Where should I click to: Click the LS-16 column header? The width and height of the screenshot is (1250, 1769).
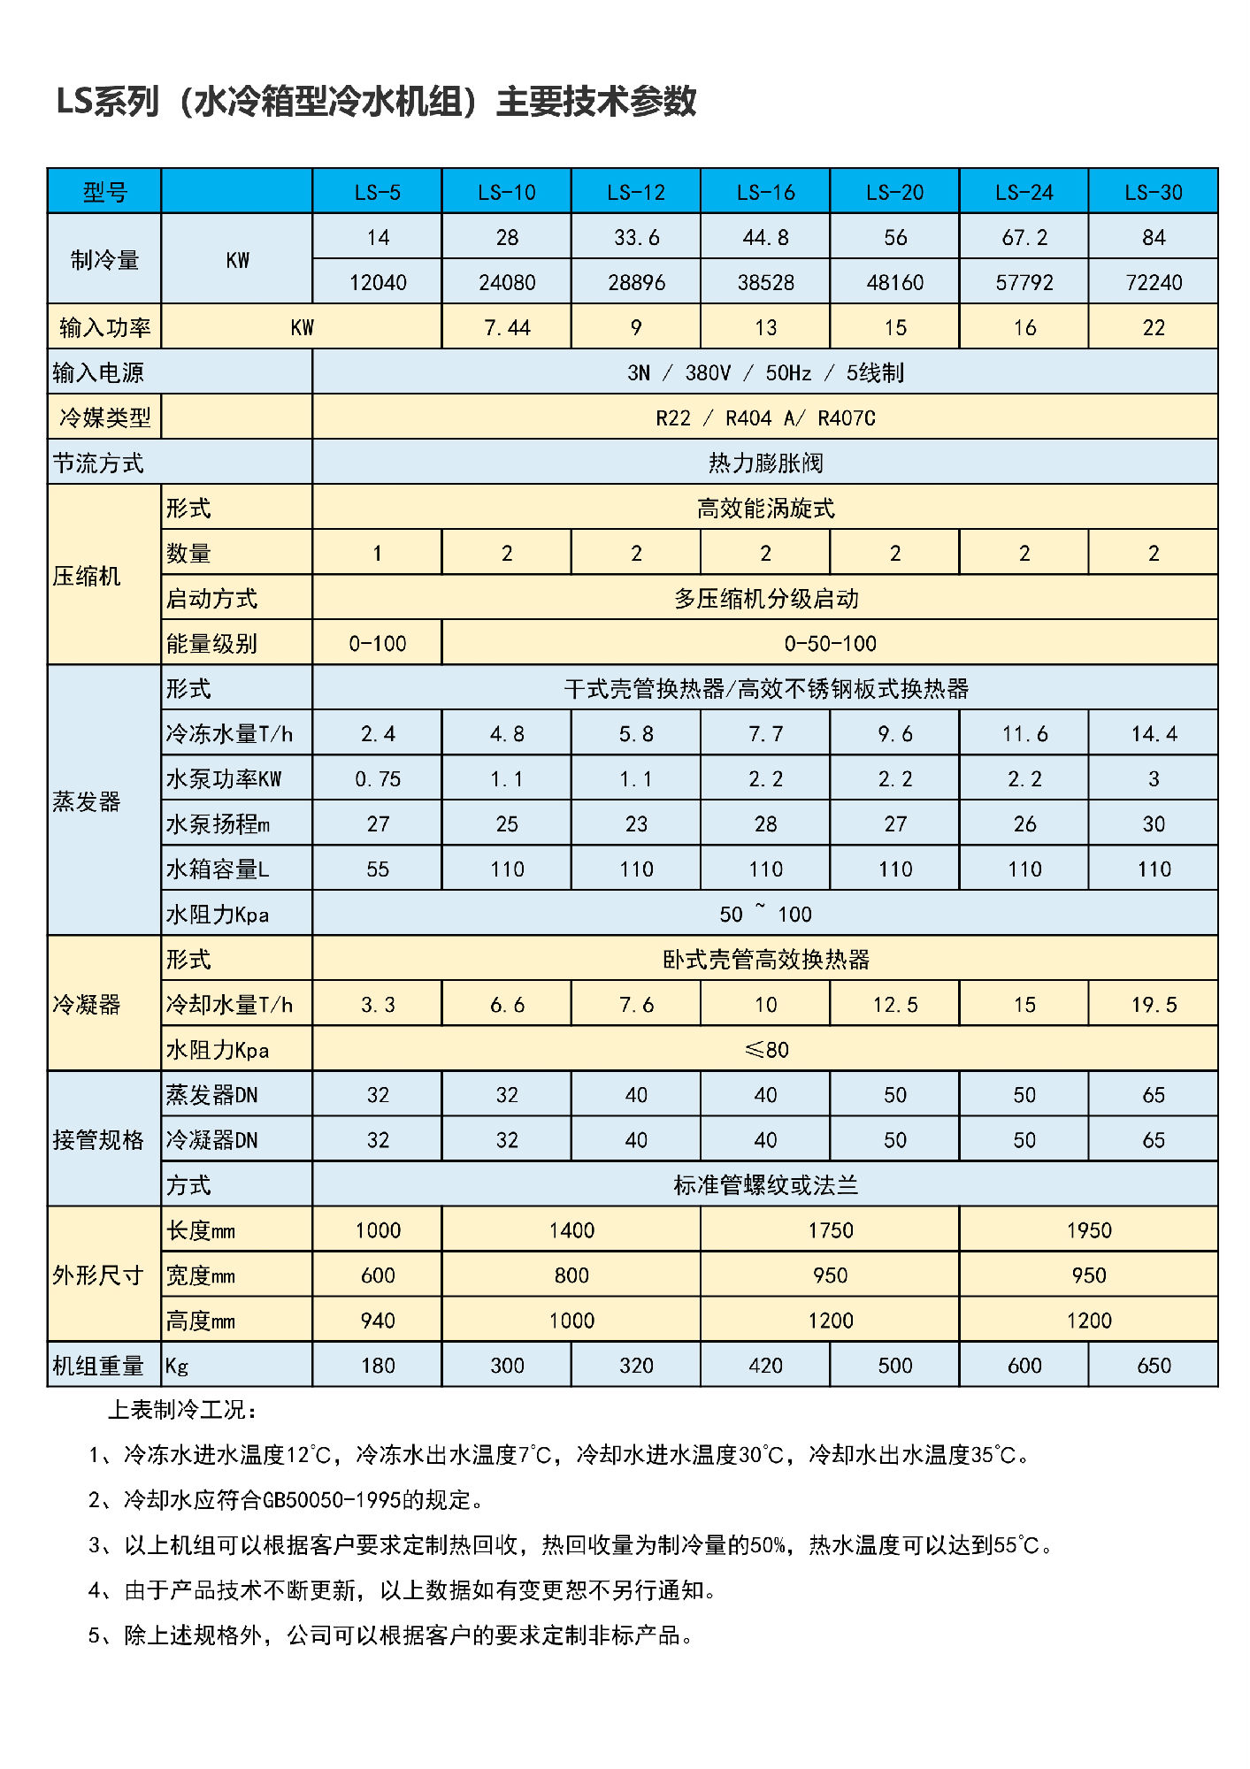pyautogui.click(x=765, y=192)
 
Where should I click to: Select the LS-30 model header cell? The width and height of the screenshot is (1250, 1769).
pyautogui.click(x=1153, y=192)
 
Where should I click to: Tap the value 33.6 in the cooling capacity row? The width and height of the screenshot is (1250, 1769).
pyautogui.click(x=636, y=237)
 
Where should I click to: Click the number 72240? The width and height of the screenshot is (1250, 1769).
pyautogui.click(x=1153, y=282)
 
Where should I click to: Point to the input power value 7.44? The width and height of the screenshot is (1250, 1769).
pyautogui.click(x=507, y=327)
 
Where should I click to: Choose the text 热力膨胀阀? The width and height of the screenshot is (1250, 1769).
pyautogui.click(x=765, y=463)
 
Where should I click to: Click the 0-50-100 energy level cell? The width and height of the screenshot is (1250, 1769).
pyautogui.click(x=830, y=643)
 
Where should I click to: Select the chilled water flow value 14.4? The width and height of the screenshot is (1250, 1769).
pyautogui.click(x=1153, y=733)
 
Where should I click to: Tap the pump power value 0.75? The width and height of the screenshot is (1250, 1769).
pyautogui.click(x=378, y=778)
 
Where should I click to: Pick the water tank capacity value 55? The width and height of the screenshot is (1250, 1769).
pyautogui.click(x=378, y=869)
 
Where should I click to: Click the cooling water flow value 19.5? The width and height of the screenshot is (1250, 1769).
pyautogui.click(x=1153, y=1004)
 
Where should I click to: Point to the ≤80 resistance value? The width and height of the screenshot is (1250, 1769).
pyautogui.click(x=766, y=1049)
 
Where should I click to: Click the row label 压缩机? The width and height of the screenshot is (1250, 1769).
pyautogui.click(x=87, y=576)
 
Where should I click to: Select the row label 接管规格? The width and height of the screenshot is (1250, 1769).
pyautogui.click(x=98, y=1139)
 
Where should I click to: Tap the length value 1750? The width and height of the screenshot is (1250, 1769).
pyautogui.click(x=830, y=1229)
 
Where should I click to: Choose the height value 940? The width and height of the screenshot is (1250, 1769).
pyautogui.click(x=378, y=1320)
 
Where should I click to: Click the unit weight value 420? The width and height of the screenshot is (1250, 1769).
pyautogui.click(x=765, y=1365)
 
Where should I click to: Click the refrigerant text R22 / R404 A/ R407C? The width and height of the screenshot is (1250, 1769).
pyautogui.click(x=765, y=417)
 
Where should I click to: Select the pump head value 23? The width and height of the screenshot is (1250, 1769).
pyautogui.click(x=636, y=823)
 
